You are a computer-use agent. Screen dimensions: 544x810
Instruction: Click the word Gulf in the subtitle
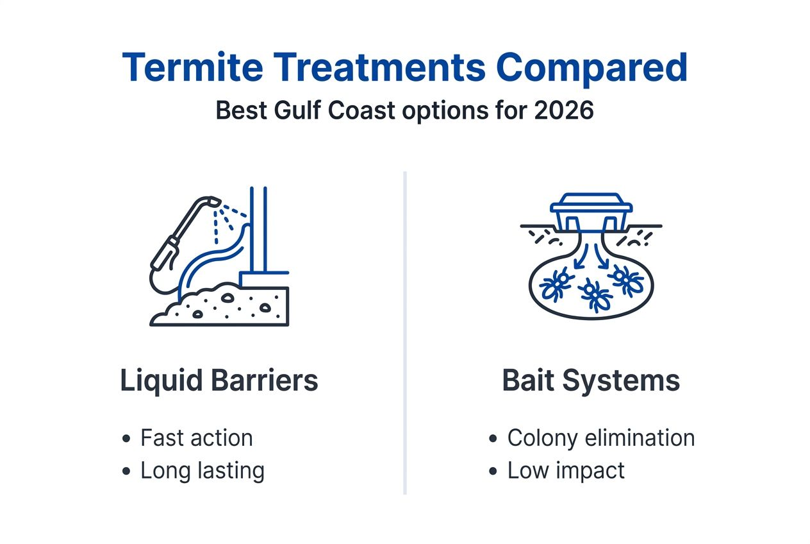point(292,110)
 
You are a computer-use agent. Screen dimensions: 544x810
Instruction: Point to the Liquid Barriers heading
point(219,380)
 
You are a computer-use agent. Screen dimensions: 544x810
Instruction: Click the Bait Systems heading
point(591,380)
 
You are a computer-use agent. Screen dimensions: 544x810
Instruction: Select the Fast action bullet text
point(196,438)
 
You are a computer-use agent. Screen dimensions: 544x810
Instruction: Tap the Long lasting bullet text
point(202,471)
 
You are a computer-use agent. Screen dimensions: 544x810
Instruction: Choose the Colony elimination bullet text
point(600,438)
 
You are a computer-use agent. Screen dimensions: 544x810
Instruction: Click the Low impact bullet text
point(565,471)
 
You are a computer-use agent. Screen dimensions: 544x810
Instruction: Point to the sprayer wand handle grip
point(164,253)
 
